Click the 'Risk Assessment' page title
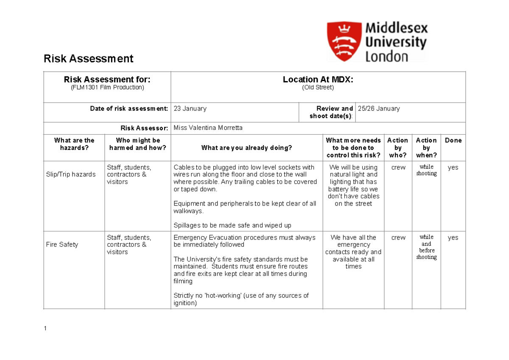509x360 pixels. (88, 59)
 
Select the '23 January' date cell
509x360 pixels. (190, 109)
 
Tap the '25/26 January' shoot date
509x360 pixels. (379, 109)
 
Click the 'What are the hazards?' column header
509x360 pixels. (74, 144)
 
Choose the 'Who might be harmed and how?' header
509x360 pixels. (138, 144)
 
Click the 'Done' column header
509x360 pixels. (453, 141)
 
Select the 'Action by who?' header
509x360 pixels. (398, 147)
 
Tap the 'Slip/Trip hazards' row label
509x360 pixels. (71, 174)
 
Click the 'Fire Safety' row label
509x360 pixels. (62, 245)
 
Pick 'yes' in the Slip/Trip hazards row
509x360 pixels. (453, 167)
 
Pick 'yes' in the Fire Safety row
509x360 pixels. (453, 238)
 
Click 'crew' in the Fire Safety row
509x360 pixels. (398, 238)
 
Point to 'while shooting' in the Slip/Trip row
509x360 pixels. (426, 170)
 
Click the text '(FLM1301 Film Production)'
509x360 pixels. (107, 87)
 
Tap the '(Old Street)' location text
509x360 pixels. (318, 87)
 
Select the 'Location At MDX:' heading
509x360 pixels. (318, 79)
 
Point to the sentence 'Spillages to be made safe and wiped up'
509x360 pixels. (232, 225)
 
